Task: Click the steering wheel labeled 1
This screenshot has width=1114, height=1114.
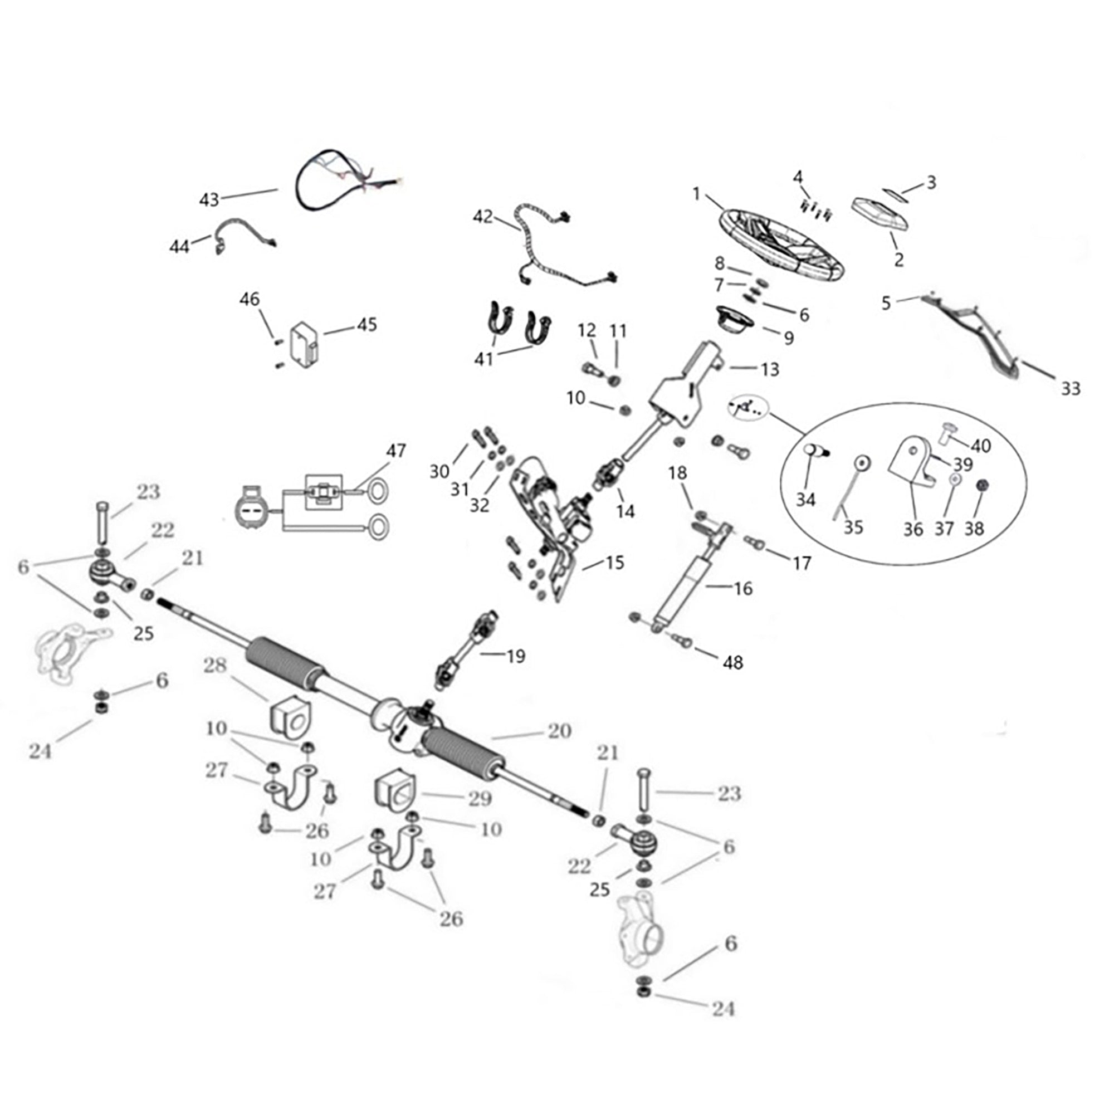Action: click(781, 246)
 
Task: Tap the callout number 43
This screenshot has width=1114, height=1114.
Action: click(209, 199)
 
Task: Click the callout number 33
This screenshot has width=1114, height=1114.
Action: click(1070, 389)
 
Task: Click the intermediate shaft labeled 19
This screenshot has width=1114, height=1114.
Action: click(466, 651)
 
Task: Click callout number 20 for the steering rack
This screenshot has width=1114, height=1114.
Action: click(559, 731)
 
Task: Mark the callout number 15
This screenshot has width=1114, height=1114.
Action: click(615, 562)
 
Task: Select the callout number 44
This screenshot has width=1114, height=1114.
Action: click(179, 246)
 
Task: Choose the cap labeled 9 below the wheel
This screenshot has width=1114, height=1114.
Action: click(735, 319)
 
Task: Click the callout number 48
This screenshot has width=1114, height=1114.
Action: click(732, 662)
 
